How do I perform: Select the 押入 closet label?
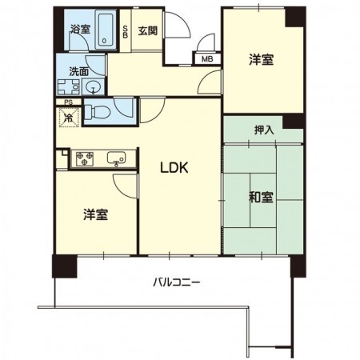tap(263, 129)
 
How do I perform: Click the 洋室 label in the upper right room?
tap(261, 58)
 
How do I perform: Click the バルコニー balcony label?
tap(176, 282)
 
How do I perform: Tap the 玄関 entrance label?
tap(147, 32)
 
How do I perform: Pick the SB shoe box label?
tap(126, 34)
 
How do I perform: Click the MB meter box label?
tap(206, 59)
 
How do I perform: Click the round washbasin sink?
tap(93, 87)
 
